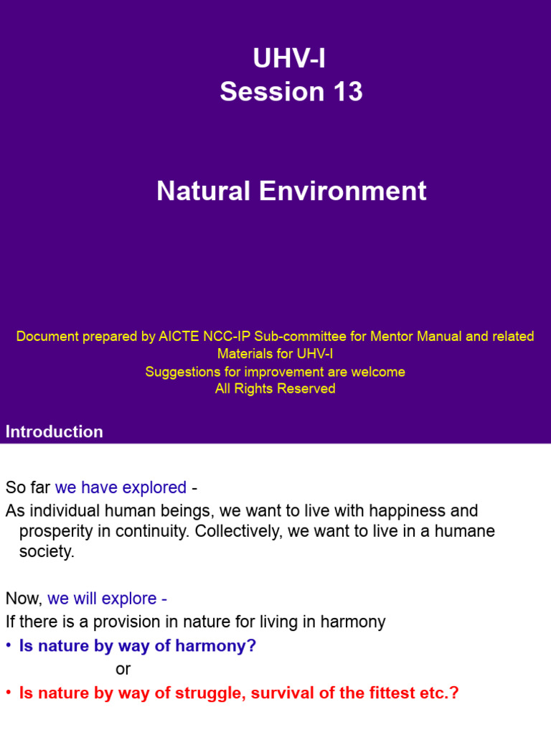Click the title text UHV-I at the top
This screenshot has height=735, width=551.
(289, 59)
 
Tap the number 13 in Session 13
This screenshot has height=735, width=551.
(347, 92)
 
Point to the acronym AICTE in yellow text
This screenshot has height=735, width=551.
(166, 336)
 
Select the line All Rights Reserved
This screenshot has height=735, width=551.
(275, 389)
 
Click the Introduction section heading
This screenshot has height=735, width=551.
(55, 431)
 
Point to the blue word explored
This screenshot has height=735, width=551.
(154, 487)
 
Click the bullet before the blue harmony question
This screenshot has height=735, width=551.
(9, 646)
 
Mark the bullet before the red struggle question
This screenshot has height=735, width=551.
(9, 693)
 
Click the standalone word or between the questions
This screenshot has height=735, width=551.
(123, 669)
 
